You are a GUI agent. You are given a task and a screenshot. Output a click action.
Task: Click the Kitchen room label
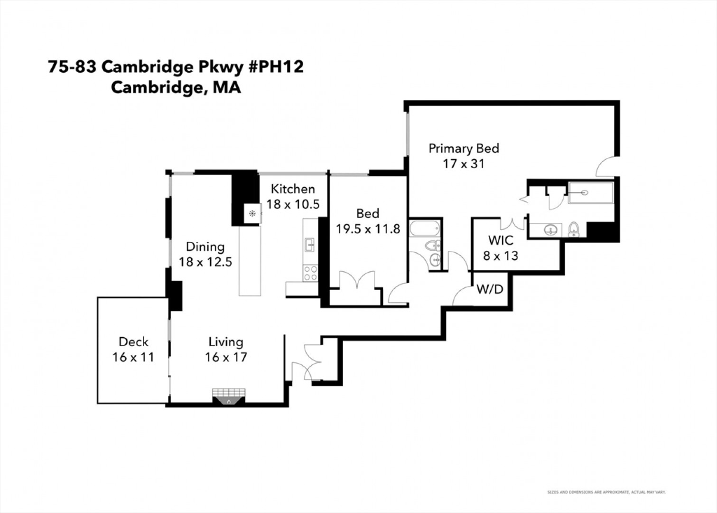tap(293, 189)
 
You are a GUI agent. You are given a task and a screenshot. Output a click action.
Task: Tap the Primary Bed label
tap(464, 148)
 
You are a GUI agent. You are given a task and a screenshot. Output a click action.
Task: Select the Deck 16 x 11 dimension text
tap(133, 357)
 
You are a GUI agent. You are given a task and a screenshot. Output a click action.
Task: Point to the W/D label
tap(490, 289)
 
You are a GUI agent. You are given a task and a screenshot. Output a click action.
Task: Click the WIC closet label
tap(501, 240)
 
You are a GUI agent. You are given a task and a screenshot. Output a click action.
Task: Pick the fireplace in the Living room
tap(229, 396)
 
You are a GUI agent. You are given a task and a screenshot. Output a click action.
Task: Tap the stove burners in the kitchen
tap(310, 273)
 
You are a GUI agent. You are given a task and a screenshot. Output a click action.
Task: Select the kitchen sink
tap(309, 246)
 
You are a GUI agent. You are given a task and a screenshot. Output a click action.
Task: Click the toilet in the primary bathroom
tap(574, 230)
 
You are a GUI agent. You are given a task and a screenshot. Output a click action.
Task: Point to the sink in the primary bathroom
tap(550, 230)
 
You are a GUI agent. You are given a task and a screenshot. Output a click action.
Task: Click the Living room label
tap(226, 342)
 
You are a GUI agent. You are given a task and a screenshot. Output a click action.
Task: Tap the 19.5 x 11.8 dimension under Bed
tap(368, 229)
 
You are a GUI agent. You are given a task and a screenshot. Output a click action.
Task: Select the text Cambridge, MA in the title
tap(176, 87)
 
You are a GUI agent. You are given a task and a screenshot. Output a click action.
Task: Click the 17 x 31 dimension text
tap(464, 164)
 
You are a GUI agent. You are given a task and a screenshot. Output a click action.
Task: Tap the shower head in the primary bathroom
tap(584, 192)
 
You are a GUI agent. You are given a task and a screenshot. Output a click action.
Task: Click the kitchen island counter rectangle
tap(250, 261)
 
